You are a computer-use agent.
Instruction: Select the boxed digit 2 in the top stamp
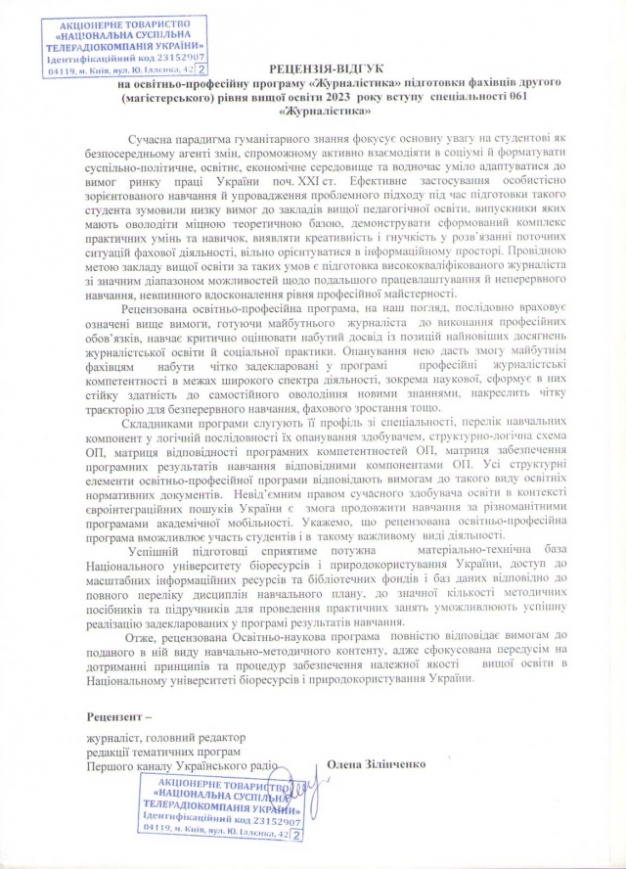click(x=201, y=70)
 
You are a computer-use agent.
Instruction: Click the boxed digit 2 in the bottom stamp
click(x=296, y=835)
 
